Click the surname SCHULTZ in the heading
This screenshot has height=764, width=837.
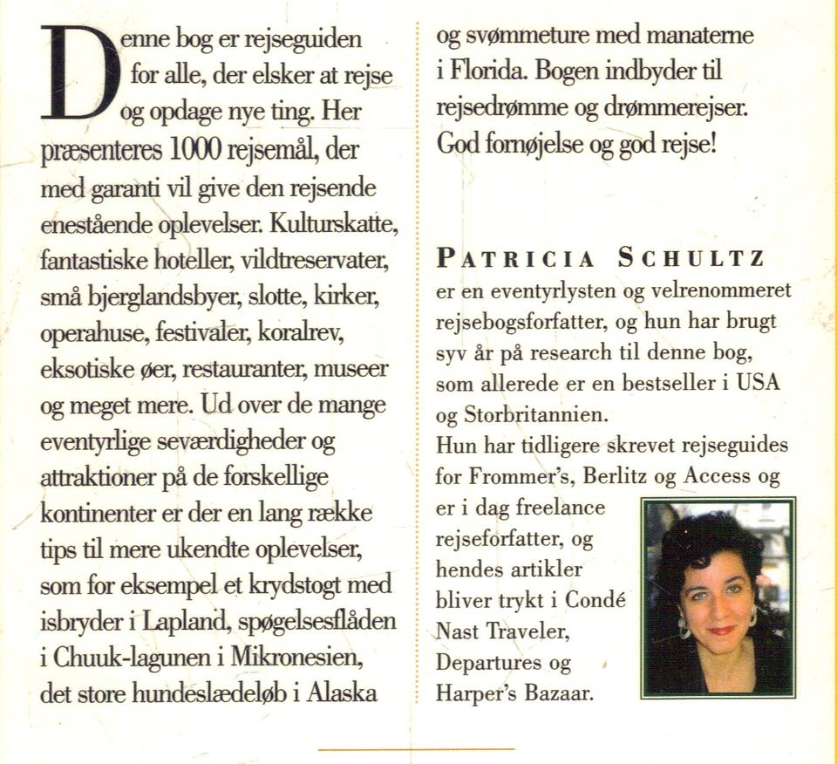691,258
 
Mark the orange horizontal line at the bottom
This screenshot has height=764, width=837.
417,749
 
